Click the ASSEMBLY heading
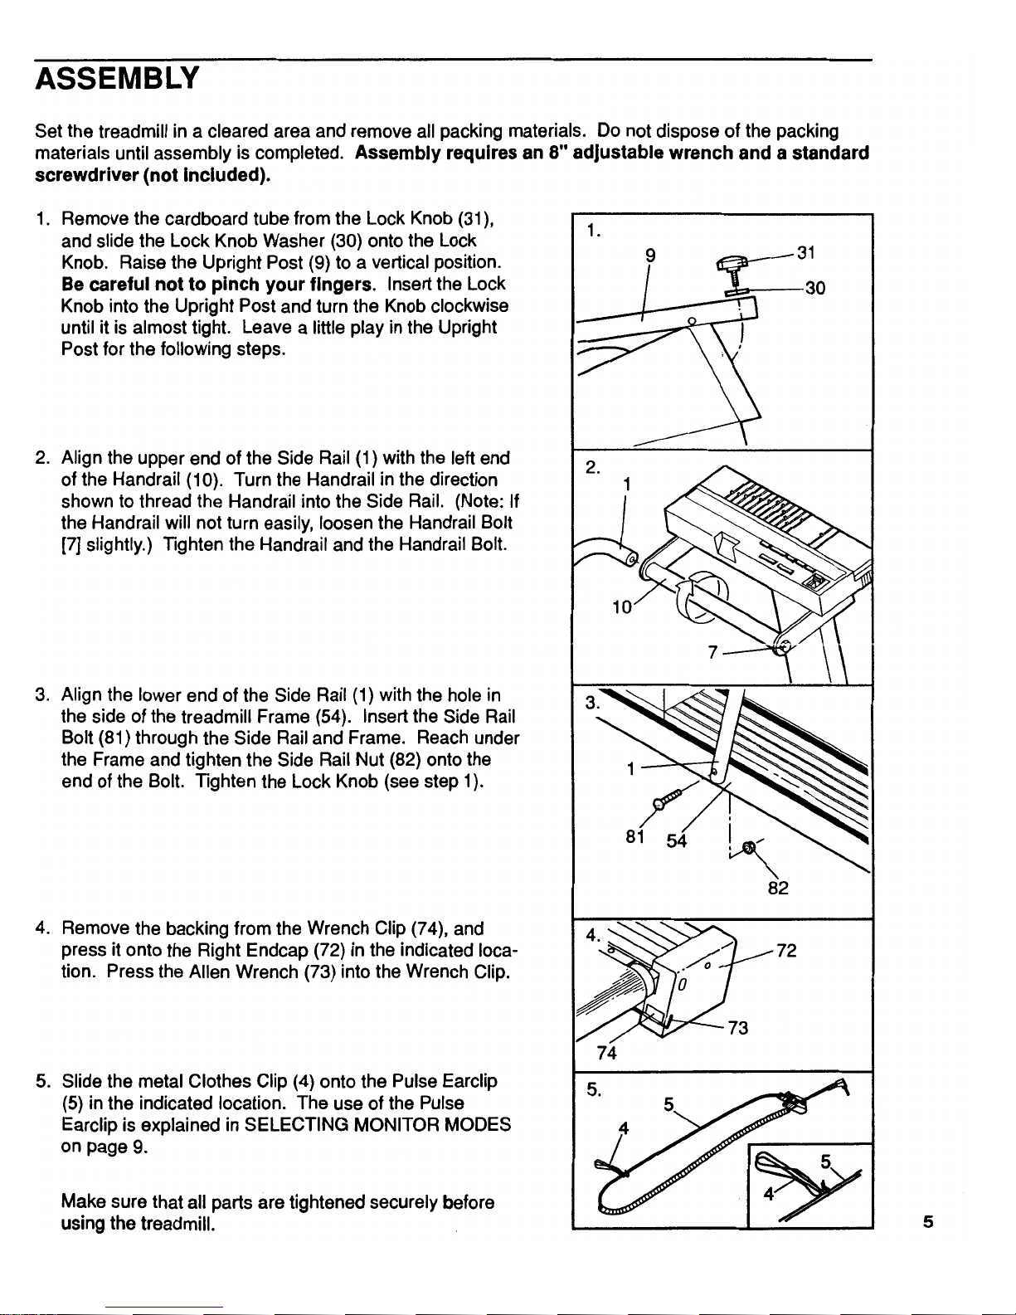pos(117,78)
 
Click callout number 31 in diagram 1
pos(805,252)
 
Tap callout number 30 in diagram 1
pos(814,289)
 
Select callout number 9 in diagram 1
pos(651,256)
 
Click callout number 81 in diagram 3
pos(636,837)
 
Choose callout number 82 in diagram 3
pos(777,888)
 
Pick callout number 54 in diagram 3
pos(677,841)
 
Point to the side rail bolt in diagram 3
pos(670,797)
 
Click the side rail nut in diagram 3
pos(749,847)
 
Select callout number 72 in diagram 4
pos(786,951)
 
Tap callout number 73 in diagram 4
pos(738,1028)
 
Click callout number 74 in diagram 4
pos(607,1053)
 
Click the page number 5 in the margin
pos(927,1221)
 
